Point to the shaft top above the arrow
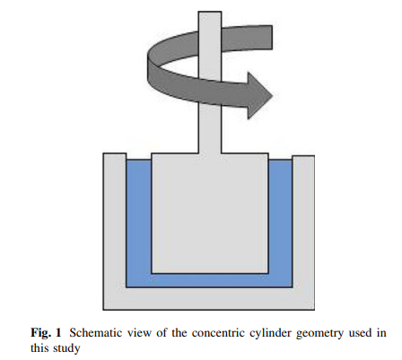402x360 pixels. (209, 22)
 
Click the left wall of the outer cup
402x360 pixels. (114, 224)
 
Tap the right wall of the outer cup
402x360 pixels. (305, 224)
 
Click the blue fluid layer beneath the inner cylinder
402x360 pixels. (209, 280)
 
